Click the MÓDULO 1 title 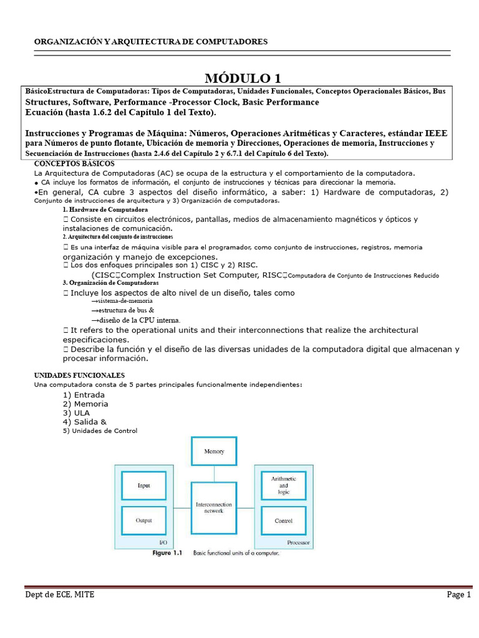pyautogui.click(x=243, y=78)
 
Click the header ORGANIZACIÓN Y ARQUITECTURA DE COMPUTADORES pyautogui.click(x=150, y=42)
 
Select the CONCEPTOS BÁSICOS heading pyautogui.click(x=74, y=163)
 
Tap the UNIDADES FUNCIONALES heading pyautogui.click(x=79, y=376)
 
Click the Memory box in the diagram pyautogui.click(x=214, y=451)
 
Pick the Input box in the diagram pyautogui.click(x=143, y=485)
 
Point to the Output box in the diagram pyautogui.click(x=143, y=520)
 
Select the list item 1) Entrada pyautogui.click(x=84, y=395)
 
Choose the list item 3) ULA pyautogui.click(x=76, y=413)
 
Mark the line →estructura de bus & pyautogui.click(x=123, y=310)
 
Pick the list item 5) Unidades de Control pyautogui.click(x=100, y=431)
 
